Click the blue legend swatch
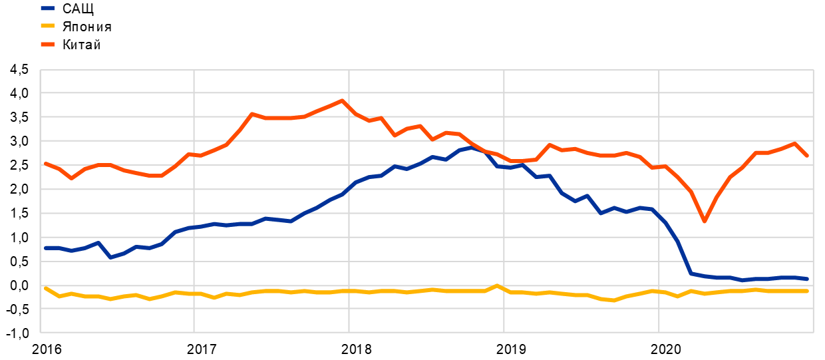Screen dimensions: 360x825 47,9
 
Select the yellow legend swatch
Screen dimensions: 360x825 47,26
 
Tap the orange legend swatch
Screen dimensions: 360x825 47,45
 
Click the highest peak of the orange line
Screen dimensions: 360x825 342,100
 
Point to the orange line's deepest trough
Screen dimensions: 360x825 705,221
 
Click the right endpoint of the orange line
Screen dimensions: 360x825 807,156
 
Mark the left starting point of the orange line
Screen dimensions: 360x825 45,162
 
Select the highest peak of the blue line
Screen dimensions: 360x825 471,147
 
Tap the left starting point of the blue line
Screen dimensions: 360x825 45,248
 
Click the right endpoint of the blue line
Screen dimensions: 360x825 807,279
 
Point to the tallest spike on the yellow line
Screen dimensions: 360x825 497,285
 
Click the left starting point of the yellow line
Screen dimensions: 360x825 45,287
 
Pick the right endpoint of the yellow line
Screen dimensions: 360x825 807,291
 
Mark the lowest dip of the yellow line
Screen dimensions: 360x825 613,301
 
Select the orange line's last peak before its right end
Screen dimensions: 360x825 794,143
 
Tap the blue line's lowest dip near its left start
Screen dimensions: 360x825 110,257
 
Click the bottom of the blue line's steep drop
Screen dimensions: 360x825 691,273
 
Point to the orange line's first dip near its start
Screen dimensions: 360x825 71,178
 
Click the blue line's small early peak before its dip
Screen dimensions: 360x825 98,242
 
